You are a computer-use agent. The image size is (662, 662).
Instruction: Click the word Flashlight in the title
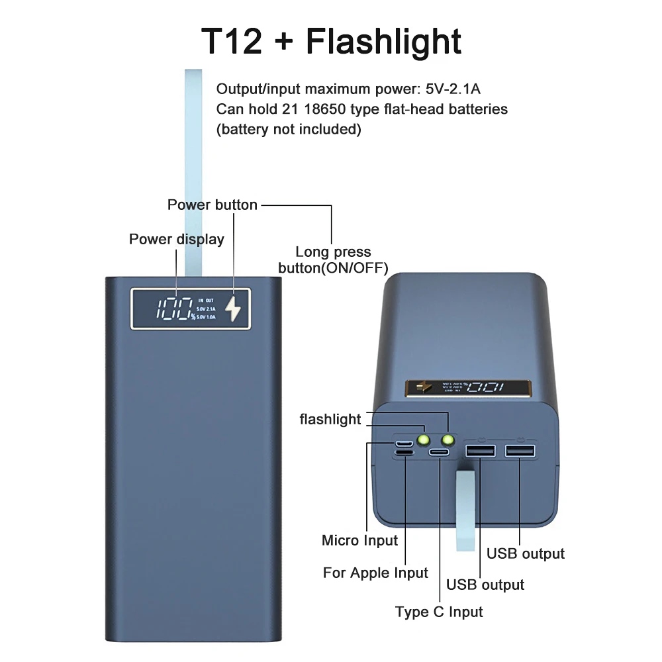coord(383,41)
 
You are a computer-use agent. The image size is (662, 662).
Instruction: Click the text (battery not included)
coord(289,129)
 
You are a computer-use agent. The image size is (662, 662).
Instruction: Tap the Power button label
coord(212,205)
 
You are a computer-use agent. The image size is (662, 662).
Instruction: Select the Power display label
coord(176,240)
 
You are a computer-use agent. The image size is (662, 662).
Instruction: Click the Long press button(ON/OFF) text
coord(333,260)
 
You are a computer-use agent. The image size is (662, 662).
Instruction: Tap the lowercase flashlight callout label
coord(330,419)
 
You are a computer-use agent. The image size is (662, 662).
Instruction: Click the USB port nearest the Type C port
coord(480,451)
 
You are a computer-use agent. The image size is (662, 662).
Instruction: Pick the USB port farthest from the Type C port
coord(520,451)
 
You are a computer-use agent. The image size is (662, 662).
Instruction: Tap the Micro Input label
coord(359,541)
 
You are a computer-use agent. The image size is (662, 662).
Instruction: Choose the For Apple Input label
coord(375,573)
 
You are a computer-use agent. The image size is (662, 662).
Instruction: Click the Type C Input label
coord(439,612)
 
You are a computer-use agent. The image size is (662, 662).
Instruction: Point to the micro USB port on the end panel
coord(404,443)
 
